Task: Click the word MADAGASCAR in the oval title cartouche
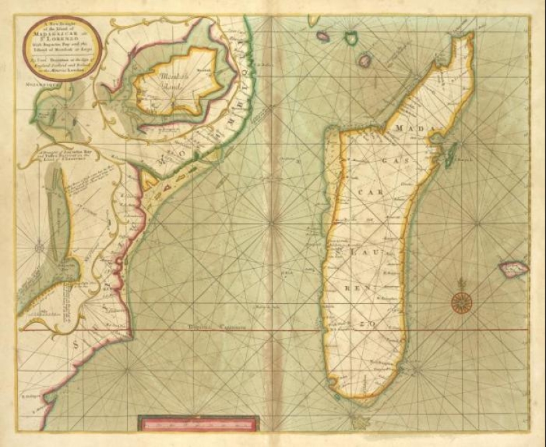tap(51, 36)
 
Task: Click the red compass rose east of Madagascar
tap(461, 301)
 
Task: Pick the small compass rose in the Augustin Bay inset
tap(40, 248)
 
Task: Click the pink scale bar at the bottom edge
tap(199, 423)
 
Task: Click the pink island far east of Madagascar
tap(513, 268)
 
